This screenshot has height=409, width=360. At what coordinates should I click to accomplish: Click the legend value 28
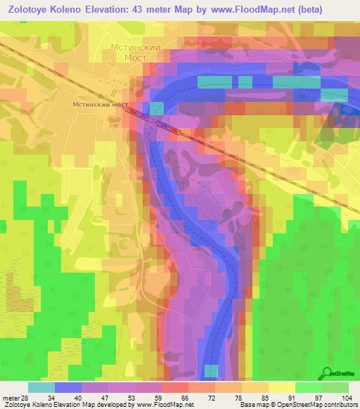27,397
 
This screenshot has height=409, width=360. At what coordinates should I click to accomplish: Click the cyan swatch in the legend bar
41,387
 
